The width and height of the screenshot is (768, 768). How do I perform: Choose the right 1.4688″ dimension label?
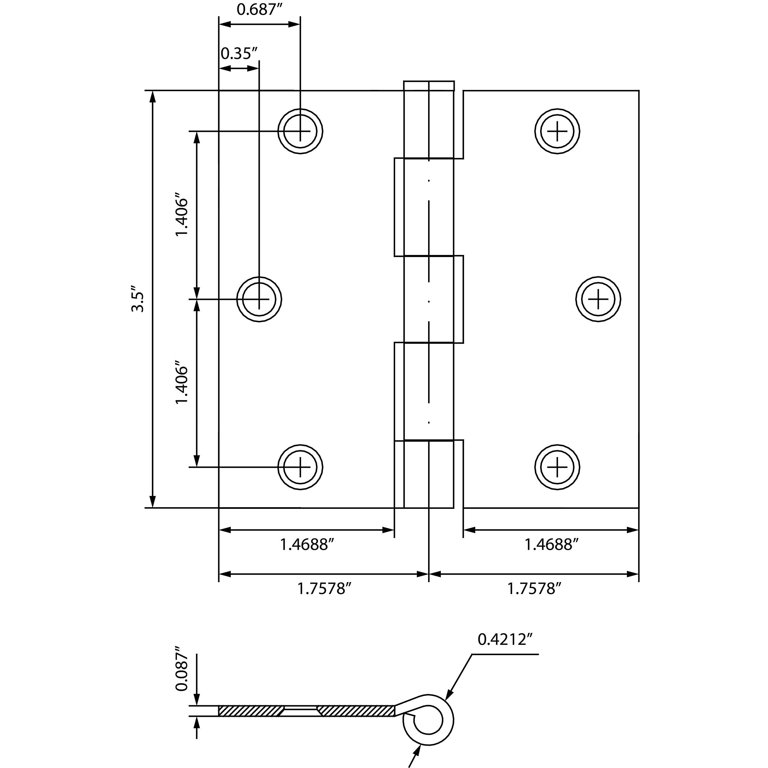pos(551,544)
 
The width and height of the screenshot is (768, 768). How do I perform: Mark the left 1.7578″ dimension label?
pos(324,588)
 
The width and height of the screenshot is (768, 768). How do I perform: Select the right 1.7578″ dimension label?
pos(534,588)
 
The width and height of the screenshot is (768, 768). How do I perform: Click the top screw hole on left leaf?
pos(300,131)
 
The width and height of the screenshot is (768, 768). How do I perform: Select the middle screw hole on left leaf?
pos(259,299)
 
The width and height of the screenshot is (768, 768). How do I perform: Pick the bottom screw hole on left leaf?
pos(300,467)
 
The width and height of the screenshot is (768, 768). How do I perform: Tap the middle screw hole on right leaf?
pos(598,299)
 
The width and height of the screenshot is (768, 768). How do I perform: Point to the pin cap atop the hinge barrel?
pos(429,85)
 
